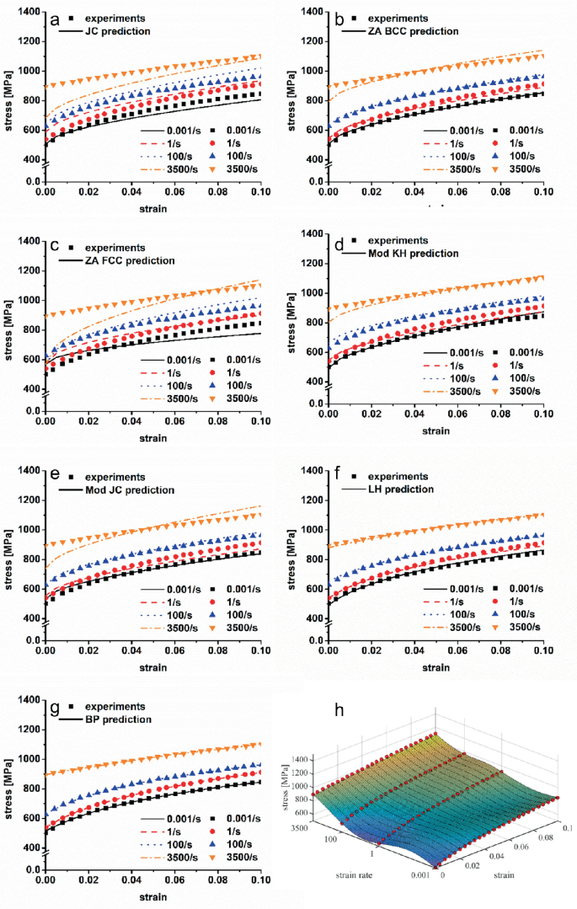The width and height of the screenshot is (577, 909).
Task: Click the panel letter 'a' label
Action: (x=55, y=19)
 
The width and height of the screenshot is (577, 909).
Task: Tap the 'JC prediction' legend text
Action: (x=116, y=31)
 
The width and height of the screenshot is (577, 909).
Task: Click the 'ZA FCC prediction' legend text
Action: (x=126, y=260)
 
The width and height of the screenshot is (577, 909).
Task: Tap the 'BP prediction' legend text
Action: (x=117, y=720)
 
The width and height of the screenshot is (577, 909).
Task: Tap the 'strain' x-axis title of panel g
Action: (x=152, y=896)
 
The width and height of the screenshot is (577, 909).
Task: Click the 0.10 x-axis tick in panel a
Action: (x=260, y=193)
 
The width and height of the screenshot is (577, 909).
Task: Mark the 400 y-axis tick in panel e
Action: (x=29, y=618)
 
